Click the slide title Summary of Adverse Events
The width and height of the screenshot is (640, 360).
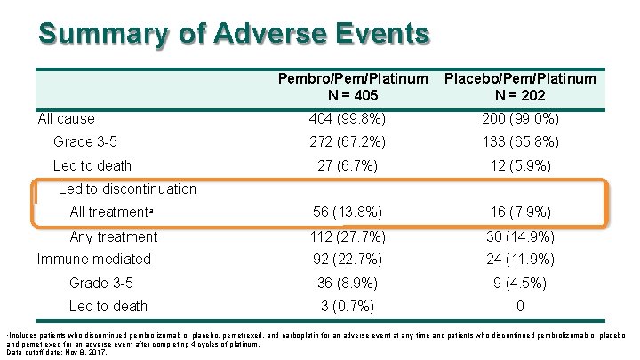point(234,34)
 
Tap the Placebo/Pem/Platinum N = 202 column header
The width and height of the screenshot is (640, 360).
point(520,86)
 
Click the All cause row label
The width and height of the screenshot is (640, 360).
point(66,118)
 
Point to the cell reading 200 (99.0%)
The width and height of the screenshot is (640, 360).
point(520,118)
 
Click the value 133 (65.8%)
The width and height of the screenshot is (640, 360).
point(520,141)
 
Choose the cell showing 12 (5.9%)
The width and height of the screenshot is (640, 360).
point(520,165)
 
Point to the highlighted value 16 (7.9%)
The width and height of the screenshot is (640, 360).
point(520,212)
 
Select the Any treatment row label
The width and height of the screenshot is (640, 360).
point(113,236)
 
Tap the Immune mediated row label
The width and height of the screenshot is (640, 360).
point(93,259)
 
